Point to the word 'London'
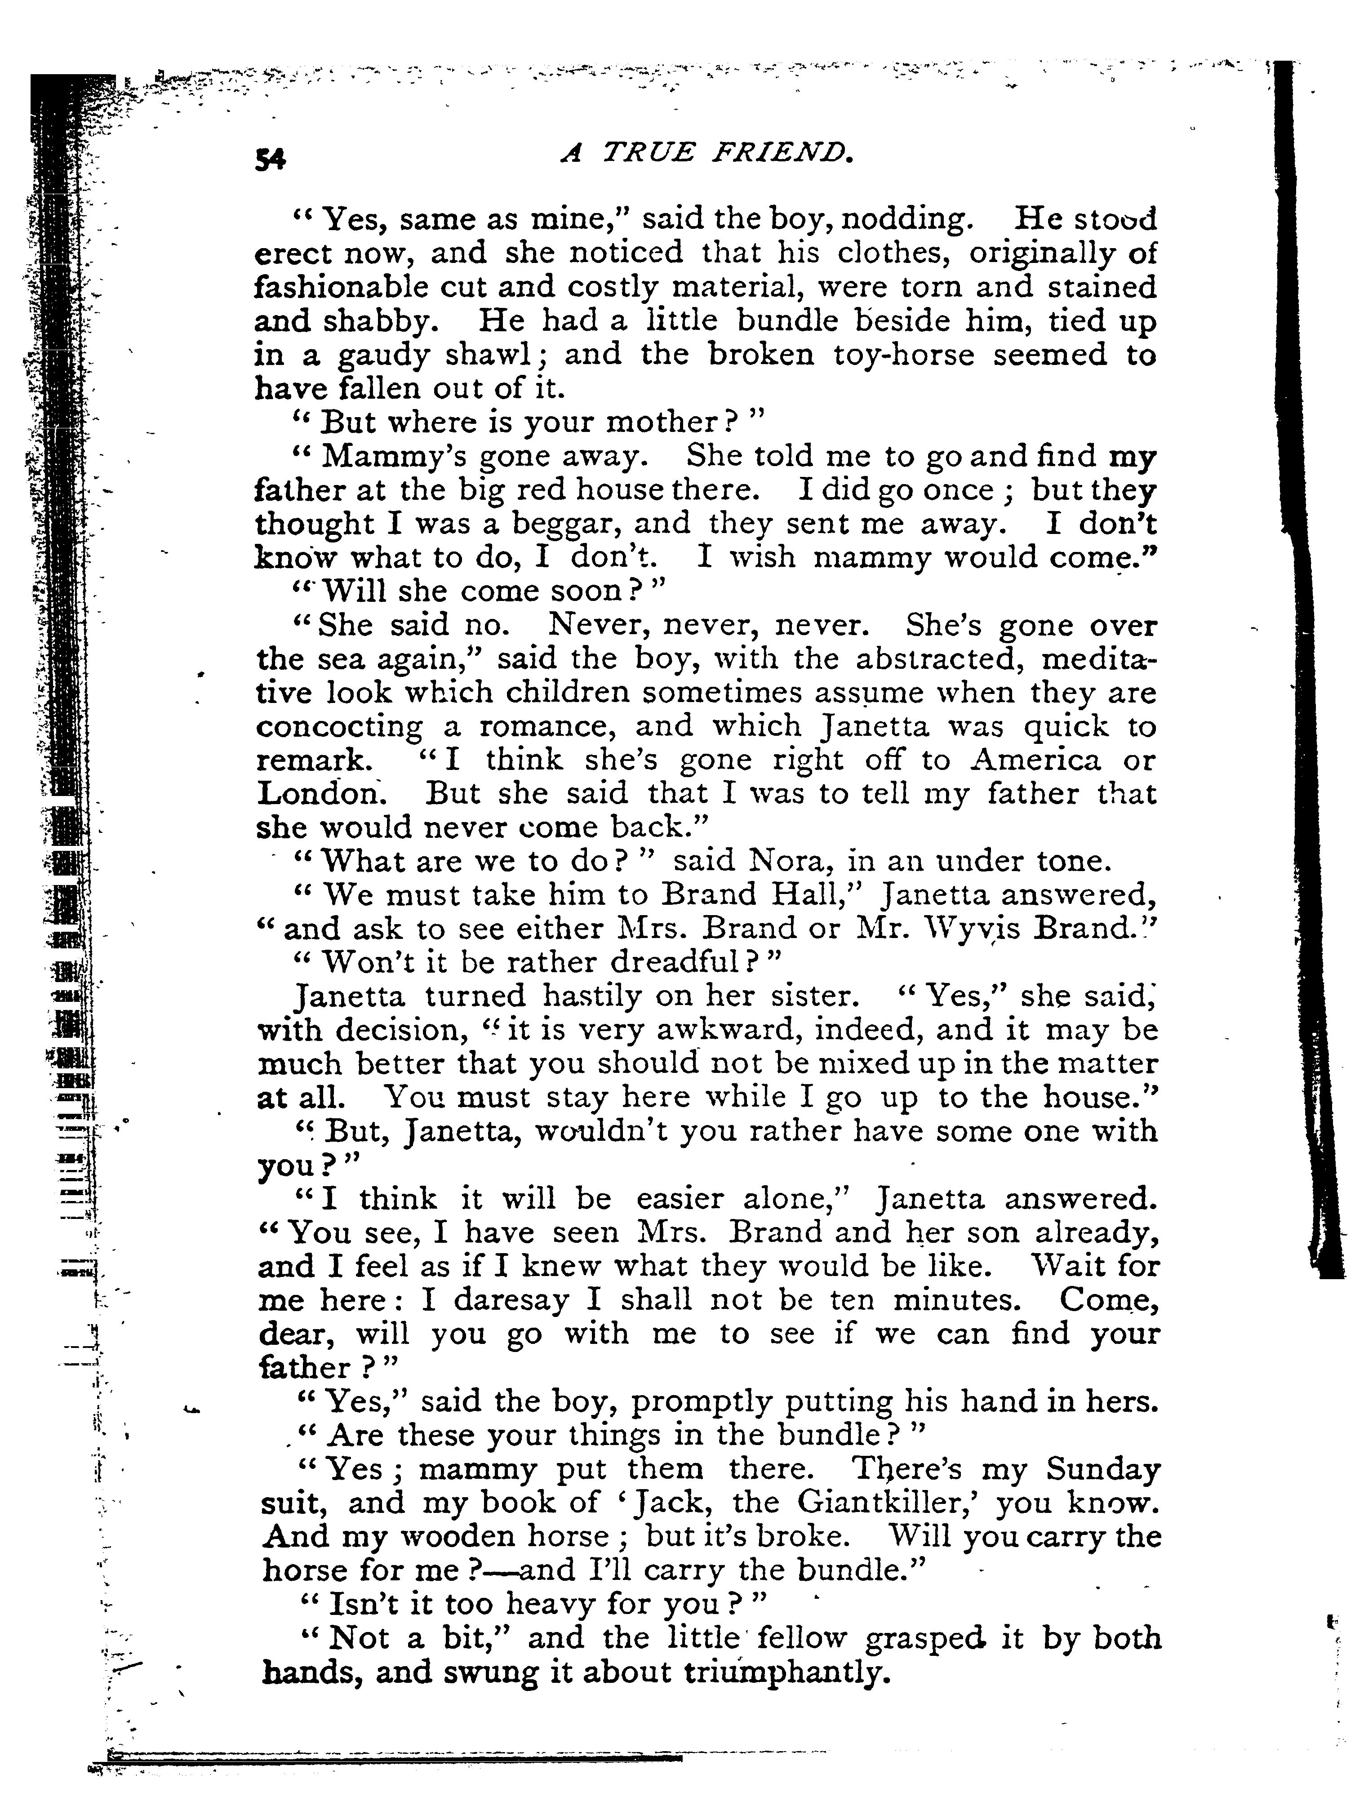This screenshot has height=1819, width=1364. click(x=318, y=794)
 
